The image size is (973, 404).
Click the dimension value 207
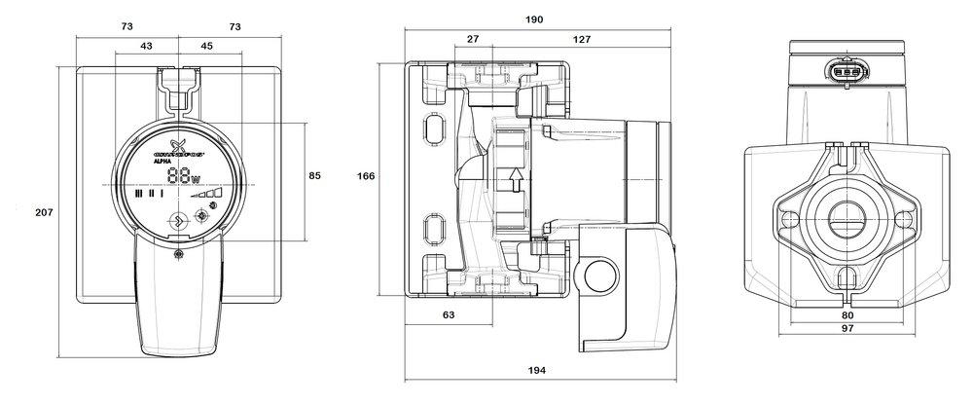(x=42, y=211)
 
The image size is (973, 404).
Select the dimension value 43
(x=146, y=47)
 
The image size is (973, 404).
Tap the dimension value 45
(x=206, y=47)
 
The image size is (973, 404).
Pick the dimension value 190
(x=534, y=19)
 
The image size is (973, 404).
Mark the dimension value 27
(x=473, y=40)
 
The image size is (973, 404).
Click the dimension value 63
(x=449, y=315)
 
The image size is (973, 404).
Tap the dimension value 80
(x=847, y=315)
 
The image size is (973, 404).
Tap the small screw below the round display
(x=179, y=254)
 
